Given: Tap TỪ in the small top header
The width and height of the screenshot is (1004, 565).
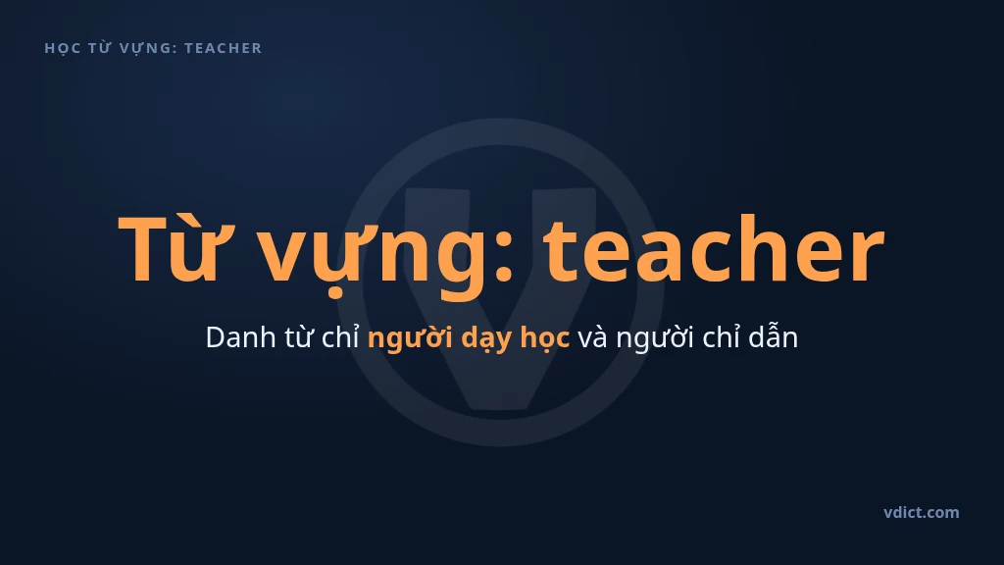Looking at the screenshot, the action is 99,47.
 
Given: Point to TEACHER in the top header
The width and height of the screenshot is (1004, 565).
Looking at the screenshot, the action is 223,48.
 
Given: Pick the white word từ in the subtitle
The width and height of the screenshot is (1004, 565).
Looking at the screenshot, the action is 298,337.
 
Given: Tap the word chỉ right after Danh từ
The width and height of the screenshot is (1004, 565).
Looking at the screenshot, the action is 340,337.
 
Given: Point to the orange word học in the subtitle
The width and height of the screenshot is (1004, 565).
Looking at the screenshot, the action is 544,338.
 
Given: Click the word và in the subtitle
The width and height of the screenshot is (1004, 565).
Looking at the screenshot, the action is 592,337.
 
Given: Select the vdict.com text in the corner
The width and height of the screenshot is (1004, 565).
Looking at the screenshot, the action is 922,512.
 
